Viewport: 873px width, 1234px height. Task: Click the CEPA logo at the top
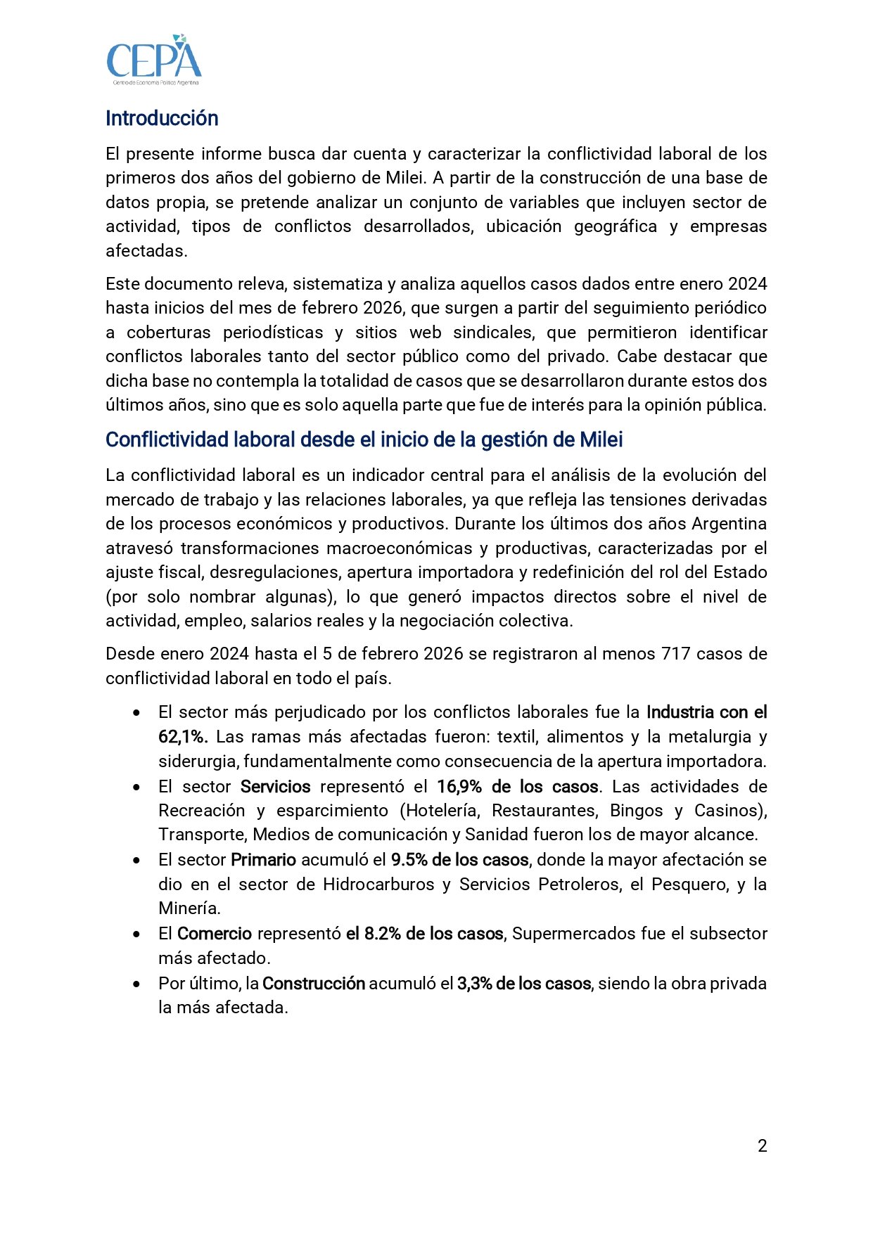click(154, 60)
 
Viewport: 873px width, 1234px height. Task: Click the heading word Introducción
click(162, 118)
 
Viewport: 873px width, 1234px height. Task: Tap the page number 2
click(762, 1146)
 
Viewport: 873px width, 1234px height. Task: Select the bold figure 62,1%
click(182, 737)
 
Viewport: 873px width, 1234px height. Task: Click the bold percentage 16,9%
click(459, 787)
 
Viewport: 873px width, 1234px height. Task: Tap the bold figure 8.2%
click(383, 934)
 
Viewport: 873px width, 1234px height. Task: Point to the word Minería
click(189, 908)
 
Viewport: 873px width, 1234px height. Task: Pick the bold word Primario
click(263, 860)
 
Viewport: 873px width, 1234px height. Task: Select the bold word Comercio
click(214, 934)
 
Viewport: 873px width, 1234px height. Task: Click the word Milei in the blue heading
click(601, 440)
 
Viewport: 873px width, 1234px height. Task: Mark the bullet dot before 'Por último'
click(136, 984)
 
